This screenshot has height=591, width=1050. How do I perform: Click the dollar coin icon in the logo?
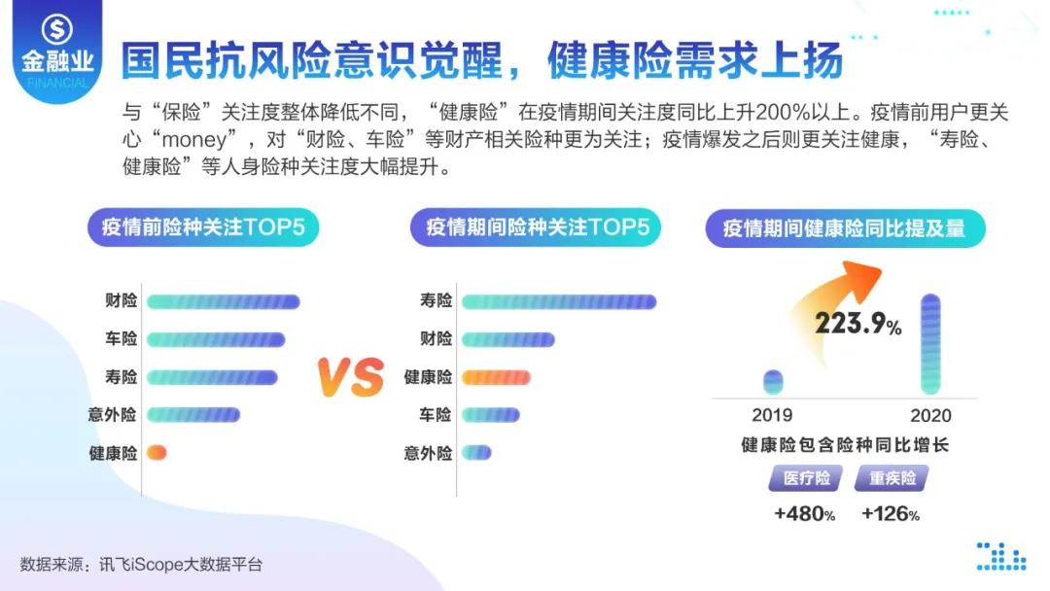57,29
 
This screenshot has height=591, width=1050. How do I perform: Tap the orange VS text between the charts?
351,377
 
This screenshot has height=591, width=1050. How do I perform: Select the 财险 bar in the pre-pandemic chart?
223,302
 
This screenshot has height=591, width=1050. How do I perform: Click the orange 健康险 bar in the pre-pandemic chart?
157,453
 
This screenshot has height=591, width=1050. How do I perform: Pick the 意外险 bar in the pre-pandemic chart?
192,415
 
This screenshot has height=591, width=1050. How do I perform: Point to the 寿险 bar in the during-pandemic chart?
559,302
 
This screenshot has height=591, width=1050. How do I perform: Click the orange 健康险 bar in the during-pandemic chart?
496,377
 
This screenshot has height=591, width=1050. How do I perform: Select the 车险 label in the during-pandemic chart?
436,415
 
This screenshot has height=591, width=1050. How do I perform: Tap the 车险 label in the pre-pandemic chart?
121,339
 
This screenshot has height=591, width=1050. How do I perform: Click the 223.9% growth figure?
857,324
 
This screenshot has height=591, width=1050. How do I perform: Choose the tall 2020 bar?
930,344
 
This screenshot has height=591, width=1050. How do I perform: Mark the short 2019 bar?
773,381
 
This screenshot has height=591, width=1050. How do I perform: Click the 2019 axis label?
772,415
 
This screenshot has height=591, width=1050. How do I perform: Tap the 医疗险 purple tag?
806,478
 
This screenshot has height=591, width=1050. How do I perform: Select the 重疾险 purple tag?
892,478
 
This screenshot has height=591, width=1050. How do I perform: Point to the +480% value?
804,514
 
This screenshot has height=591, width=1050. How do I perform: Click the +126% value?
890,514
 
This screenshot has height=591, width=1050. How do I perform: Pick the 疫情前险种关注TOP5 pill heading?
203,227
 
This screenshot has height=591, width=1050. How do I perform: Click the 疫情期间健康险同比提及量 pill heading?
845,228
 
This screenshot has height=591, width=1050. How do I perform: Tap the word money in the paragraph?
194,140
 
